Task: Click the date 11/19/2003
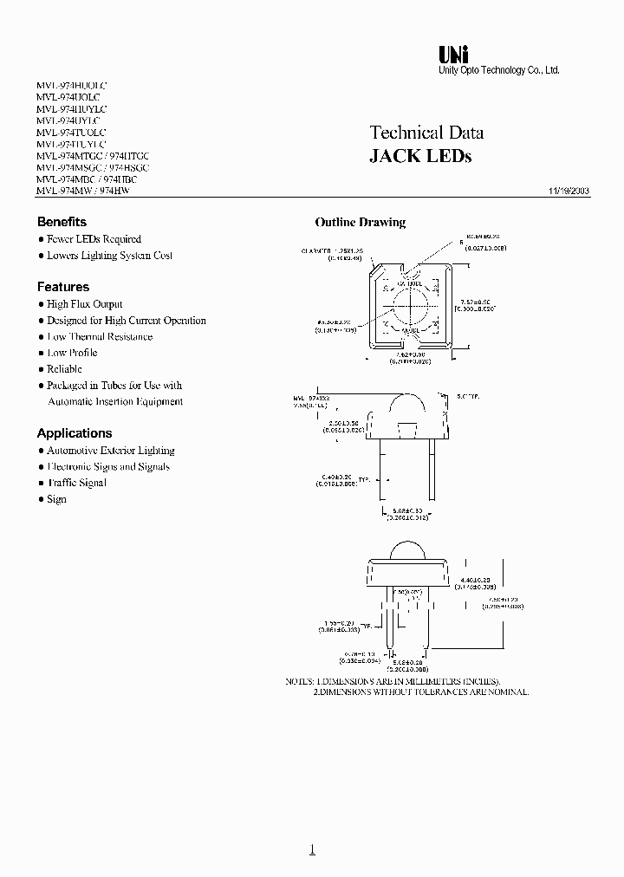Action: (569, 190)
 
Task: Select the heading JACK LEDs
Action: (420, 157)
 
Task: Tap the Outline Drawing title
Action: (360, 223)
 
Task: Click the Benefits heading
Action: (62, 222)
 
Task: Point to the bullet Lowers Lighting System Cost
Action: (109, 256)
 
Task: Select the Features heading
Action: (62, 287)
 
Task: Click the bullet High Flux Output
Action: (84, 304)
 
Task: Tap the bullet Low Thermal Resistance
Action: (100, 336)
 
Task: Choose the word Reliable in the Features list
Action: (64, 369)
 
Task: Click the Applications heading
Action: (74, 433)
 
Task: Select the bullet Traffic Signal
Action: (76, 483)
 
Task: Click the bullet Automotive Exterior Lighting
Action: (110, 451)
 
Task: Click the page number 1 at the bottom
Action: (312, 850)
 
